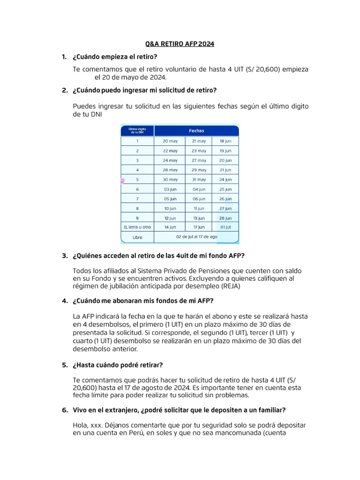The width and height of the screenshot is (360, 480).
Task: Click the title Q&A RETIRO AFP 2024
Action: (x=180, y=44)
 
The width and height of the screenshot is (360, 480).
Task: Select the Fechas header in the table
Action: (x=196, y=131)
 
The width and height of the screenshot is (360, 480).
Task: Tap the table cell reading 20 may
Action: (x=170, y=141)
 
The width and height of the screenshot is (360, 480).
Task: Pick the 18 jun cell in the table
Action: (x=225, y=141)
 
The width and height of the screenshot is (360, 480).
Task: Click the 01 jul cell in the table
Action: (x=225, y=227)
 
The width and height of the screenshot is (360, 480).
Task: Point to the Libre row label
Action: (x=137, y=238)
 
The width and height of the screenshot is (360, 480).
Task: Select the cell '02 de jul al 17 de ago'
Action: (x=196, y=237)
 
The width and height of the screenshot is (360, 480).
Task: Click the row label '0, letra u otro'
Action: (x=137, y=227)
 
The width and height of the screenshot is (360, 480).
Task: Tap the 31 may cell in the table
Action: (x=199, y=180)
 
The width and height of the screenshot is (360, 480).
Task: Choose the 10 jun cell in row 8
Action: (x=170, y=208)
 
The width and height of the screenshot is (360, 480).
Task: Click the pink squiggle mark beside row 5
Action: (x=123, y=180)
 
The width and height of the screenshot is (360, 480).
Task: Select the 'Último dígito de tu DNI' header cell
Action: (x=137, y=130)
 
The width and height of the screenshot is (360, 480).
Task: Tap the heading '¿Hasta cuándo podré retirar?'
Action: (x=118, y=365)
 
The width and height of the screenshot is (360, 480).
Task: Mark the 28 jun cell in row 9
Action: (x=225, y=218)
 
